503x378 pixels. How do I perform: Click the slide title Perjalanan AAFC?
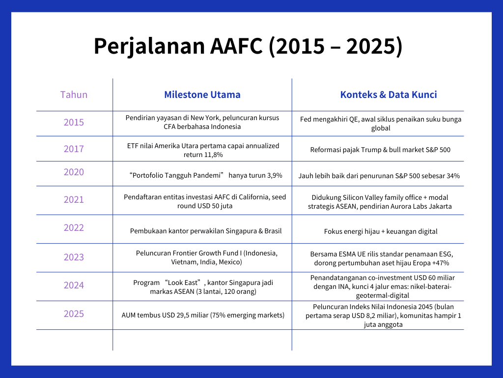coord(248,46)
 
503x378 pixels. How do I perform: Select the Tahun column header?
coord(74,94)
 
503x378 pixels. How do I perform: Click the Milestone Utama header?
coord(202,94)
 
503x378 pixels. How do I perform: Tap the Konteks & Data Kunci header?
coord(388,94)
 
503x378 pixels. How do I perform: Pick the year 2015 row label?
coord(74,122)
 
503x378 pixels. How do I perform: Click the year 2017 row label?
coord(74,149)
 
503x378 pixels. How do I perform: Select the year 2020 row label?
coord(74,172)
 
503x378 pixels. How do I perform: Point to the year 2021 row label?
coord(74,199)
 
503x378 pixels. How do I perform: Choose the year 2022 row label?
coord(74,227)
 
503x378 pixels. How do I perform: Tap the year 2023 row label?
coord(74,257)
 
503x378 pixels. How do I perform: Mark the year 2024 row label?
coord(74,285)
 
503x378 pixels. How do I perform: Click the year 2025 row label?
coord(74,314)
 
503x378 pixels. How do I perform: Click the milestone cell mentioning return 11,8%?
coord(203,150)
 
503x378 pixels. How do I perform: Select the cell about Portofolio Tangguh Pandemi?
coord(205,175)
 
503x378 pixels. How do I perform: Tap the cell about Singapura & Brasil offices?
coord(205,231)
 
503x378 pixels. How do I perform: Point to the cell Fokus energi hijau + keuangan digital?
coord(380,231)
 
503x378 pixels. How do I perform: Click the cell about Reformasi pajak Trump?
coord(380,150)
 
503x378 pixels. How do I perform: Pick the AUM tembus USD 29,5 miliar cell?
coord(203,315)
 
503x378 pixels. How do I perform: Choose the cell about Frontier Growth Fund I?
coord(206,257)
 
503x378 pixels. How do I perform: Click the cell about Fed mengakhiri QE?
coord(380,124)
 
